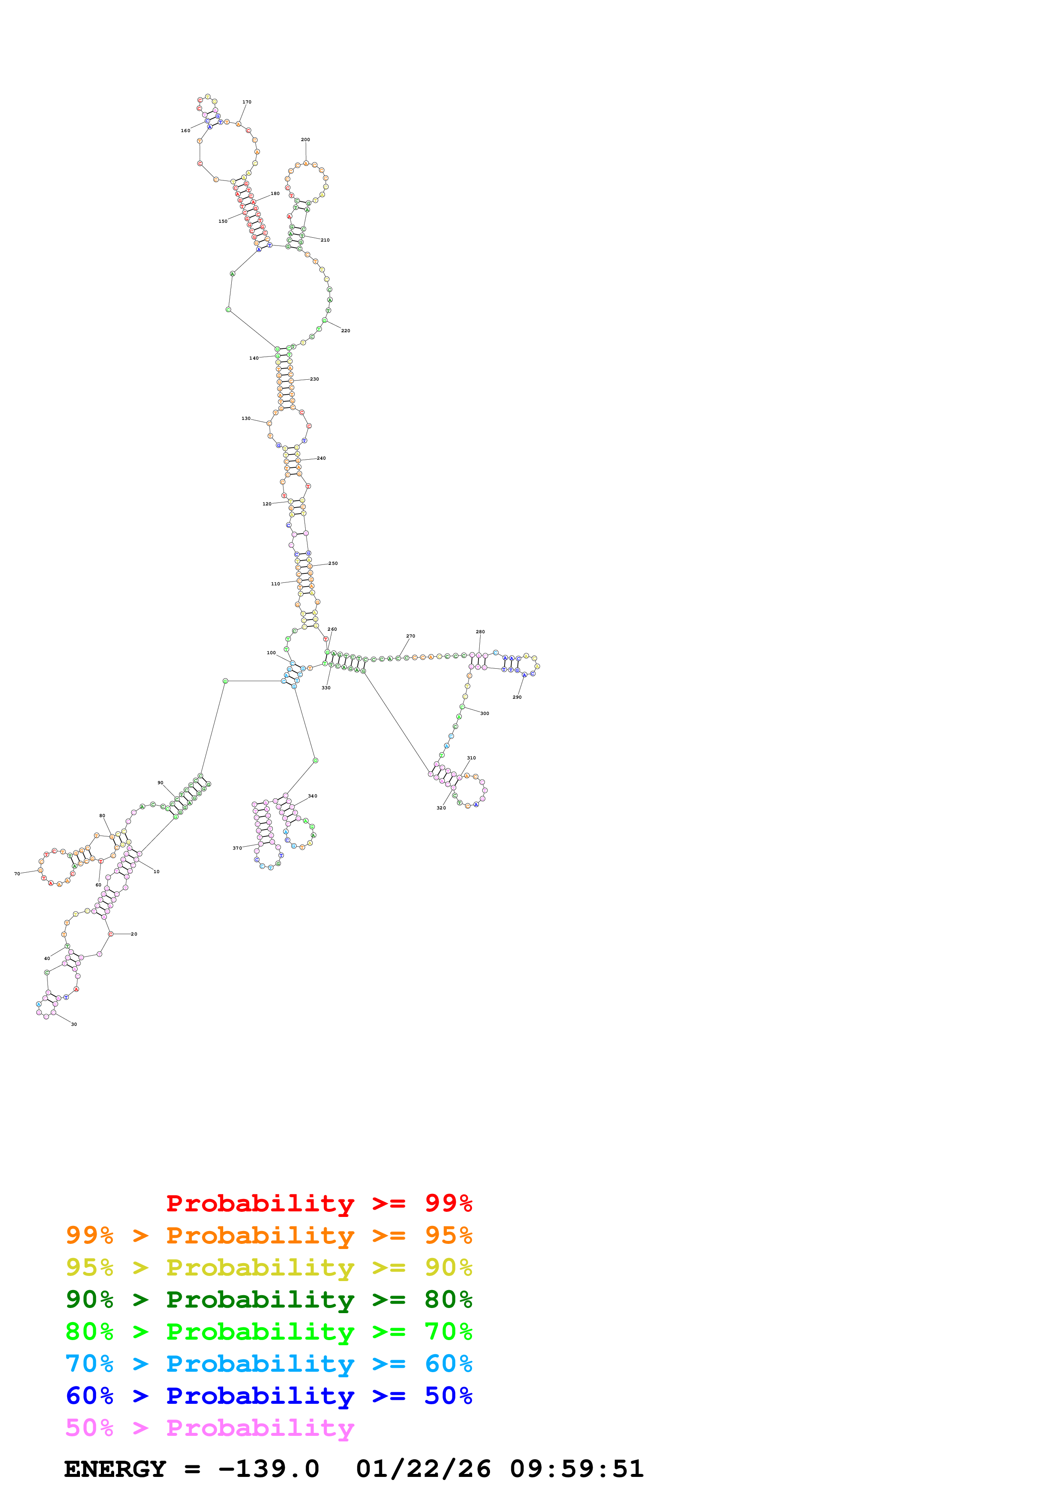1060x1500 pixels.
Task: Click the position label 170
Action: [x=247, y=102]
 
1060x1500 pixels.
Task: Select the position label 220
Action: [x=345, y=331]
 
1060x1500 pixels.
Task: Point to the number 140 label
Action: [x=254, y=358]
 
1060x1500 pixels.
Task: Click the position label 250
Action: [x=333, y=563]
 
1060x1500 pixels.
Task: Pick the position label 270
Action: [x=410, y=636]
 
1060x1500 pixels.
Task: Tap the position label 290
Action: [x=517, y=697]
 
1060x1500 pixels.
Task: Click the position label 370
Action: [x=237, y=848]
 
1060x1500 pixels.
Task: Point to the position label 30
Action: [x=74, y=1025]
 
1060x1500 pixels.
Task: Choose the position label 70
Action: [x=17, y=874]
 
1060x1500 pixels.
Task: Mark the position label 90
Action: [x=160, y=782]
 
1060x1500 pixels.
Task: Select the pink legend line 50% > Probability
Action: [x=210, y=1428]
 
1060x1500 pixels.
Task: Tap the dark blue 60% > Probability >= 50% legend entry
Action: [x=269, y=1396]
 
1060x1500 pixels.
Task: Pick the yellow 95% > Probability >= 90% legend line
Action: [x=269, y=1267]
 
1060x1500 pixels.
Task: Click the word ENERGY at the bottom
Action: [x=115, y=1469]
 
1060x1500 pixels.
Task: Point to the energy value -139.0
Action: [x=269, y=1469]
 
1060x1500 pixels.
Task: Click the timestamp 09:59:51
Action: [x=577, y=1469]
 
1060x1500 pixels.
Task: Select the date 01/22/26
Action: [x=423, y=1469]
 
